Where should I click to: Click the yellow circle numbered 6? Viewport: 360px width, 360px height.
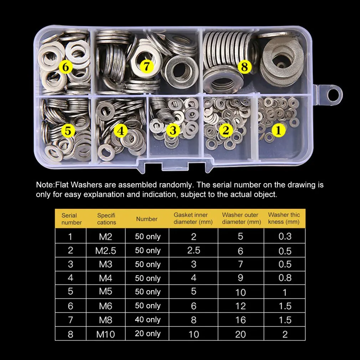(66, 67)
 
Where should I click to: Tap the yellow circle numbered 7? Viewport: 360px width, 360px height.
(146, 66)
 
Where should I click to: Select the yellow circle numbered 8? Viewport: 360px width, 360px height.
(245, 67)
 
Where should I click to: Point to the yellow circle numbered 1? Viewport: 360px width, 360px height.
(279, 130)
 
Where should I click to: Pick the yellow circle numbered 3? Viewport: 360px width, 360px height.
(173, 130)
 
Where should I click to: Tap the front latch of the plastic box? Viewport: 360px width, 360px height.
(175, 165)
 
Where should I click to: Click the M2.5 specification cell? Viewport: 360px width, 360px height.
(106, 251)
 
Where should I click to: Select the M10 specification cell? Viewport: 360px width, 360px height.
(106, 334)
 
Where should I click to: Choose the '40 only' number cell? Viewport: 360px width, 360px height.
(148, 320)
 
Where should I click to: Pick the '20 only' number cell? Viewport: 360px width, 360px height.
(148, 334)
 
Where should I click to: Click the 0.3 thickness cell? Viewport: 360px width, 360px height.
(285, 236)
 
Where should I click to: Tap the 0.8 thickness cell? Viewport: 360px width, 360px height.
(285, 278)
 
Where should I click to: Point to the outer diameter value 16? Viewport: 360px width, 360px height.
(240, 320)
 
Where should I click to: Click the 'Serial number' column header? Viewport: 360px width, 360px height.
(71, 219)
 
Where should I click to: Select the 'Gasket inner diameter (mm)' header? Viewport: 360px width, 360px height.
(193, 218)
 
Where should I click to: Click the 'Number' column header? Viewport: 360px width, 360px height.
(147, 219)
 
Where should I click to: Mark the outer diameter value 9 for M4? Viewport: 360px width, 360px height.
(240, 278)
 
